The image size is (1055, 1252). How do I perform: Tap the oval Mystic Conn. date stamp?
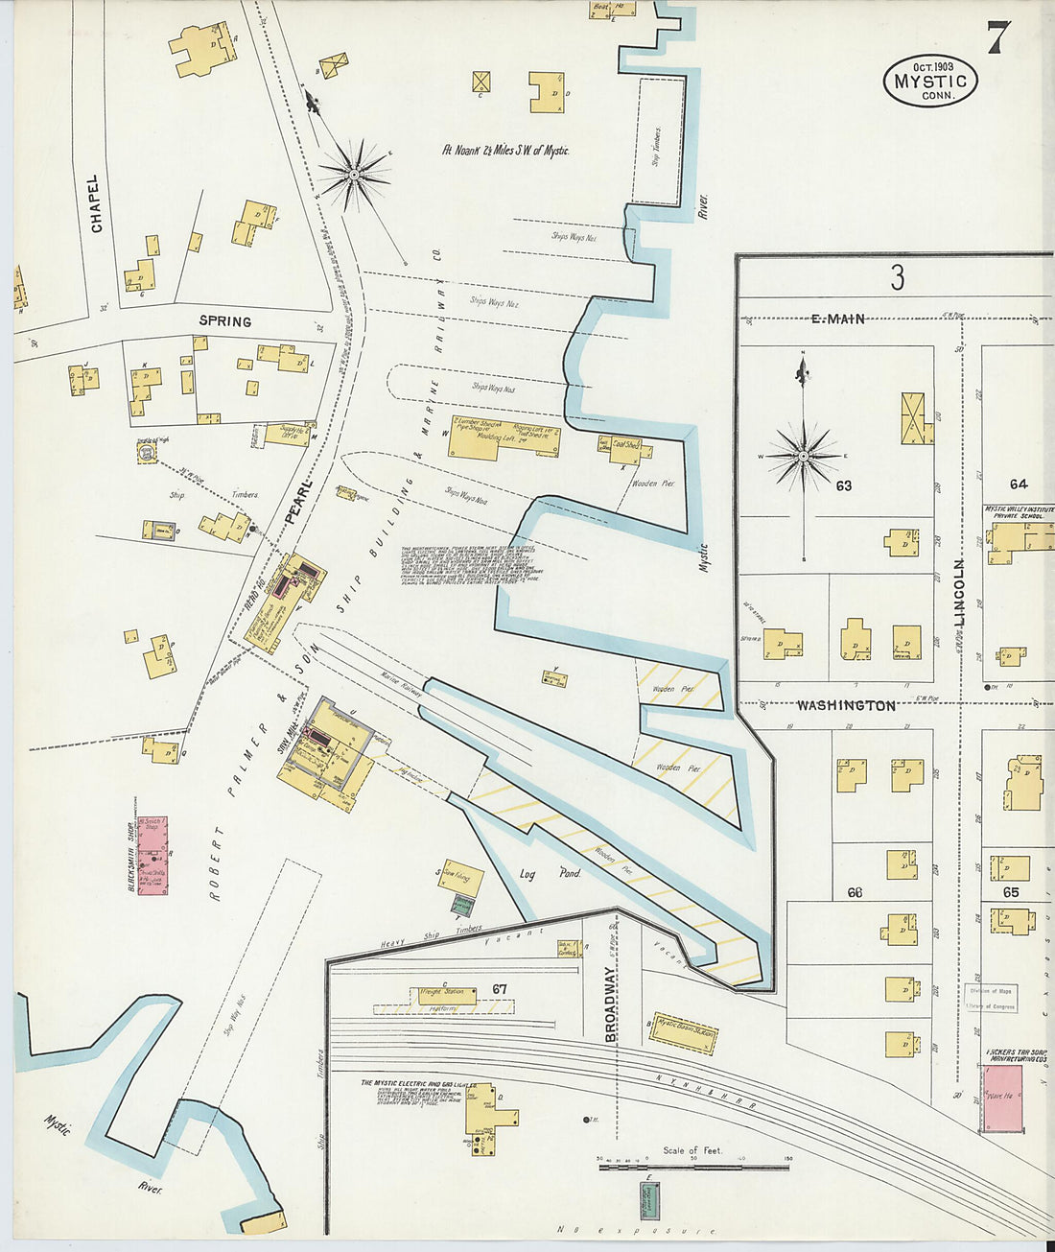click(929, 81)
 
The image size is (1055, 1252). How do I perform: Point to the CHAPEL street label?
click(95, 202)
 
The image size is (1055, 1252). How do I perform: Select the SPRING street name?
click(224, 321)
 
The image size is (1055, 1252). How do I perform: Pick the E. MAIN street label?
click(838, 319)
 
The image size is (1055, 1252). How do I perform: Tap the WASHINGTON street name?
click(846, 705)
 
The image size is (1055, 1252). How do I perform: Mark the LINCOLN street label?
click(959, 593)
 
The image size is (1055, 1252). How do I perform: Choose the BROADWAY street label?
click(611, 1004)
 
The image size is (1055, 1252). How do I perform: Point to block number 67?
click(499, 989)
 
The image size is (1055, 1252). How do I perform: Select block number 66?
click(855, 892)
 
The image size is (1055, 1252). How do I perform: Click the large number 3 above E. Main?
click(897, 278)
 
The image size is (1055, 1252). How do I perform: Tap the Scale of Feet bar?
click(692, 1166)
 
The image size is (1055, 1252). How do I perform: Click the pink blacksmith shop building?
click(152, 857)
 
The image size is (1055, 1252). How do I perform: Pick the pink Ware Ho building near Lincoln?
click(1002, 1096)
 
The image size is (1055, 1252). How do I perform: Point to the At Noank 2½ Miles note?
click(505, 151)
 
